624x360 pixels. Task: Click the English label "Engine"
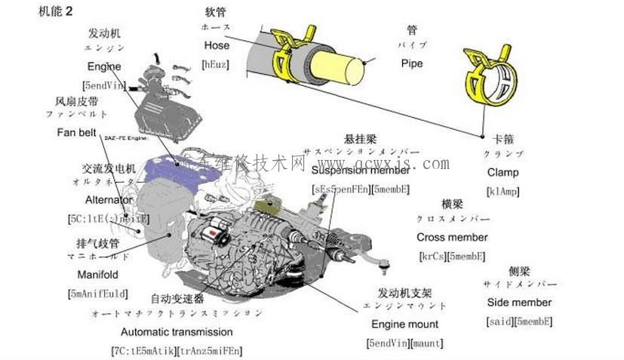pos(104,66)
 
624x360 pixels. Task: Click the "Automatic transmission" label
pos(177,331)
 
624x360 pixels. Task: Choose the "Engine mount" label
pos(404,325)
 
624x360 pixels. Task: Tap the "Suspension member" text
pos(361,171)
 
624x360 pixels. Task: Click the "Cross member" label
pos(452,237)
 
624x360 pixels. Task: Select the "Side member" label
pos(519,302)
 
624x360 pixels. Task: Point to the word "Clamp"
pos(503,172)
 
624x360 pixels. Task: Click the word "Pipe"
pos(412,64)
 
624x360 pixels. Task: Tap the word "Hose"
pos(217,45)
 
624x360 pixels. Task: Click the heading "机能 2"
pos(31,11)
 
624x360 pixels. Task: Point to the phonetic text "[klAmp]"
pos(503,191)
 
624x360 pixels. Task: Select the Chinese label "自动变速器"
pos(177,298)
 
